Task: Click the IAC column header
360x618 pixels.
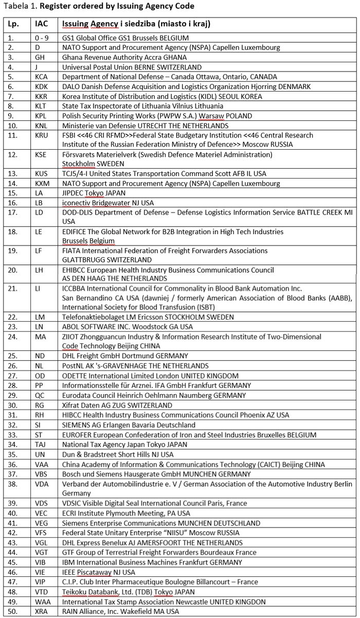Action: click(x=41, y=24)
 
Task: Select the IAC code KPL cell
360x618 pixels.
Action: click(x=41, y=116)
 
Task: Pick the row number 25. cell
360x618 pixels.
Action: click(x=13, y=356)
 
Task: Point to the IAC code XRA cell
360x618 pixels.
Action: click(x=42, y=611)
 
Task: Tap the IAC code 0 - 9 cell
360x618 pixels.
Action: click(x=41, y=38)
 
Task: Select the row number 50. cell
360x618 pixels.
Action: click(x=13, y=611)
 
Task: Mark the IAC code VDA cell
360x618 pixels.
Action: click(x=42, y=484)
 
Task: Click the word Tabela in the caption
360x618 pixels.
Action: click(x=14, y=6)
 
